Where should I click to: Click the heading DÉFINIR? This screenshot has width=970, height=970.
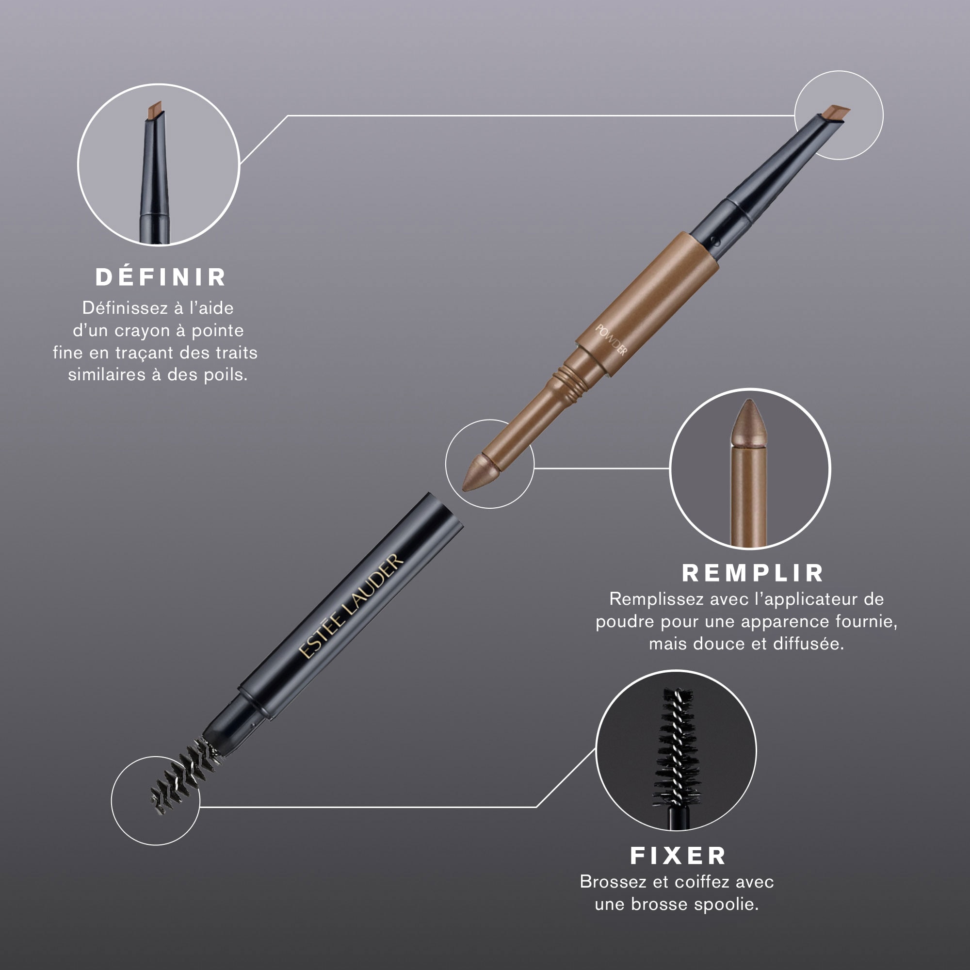click(161, 277)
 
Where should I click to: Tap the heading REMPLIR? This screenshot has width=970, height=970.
click(753, 573)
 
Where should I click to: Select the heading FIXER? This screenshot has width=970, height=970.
click(679, 856)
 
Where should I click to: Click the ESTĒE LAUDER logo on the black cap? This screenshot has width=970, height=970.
click(351, 606)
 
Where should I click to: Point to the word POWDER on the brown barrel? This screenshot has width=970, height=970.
click(611, 340)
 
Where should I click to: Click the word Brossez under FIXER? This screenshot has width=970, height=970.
click(613, 882)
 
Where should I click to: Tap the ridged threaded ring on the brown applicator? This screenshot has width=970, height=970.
click(571, 383)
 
